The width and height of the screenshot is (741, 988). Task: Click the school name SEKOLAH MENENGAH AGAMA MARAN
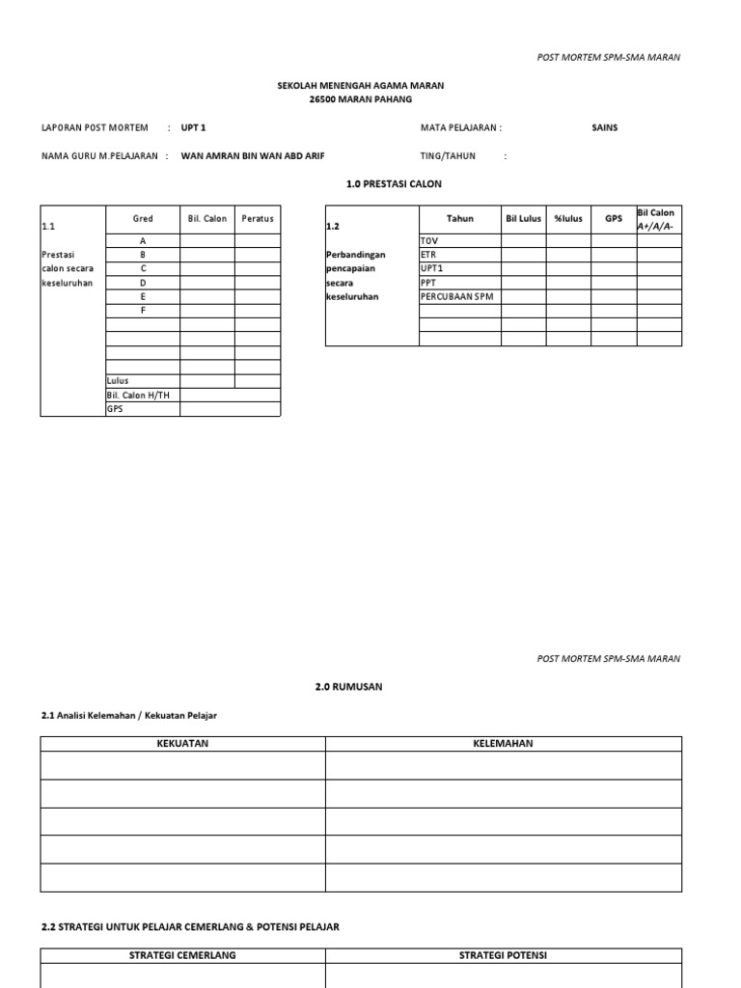pyautogui.click(x=361, y=86)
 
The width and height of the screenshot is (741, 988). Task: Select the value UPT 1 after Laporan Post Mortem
pyautogui.click(x=194, y=127)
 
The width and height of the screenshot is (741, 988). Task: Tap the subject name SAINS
pyautogui.click(x=605, y=127)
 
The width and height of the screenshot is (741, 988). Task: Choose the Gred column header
pyautogui.click(x=143, y=219)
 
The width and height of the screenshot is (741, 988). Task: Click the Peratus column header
pyautogui.click(x=258, y=219)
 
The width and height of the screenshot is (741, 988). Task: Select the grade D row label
pyautogui.click(x=143, y=283)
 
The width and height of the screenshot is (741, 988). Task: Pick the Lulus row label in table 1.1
pyautogui.click(x=118, y=381)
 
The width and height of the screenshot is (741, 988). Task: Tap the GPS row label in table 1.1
pyautogui.click(x=115, y=409)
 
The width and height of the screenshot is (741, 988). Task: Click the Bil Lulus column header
pyautogui.click(x=524, y=219)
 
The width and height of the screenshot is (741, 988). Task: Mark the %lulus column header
pyautogui.click(x=568, y=219)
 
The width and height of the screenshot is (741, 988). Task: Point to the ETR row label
pyautogui.click(x=428, y=255)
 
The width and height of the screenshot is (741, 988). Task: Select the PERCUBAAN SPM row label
pyautogui.click(x=456, y=296)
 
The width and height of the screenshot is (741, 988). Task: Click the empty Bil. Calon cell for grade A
pyautogui.click(x=207, y=241)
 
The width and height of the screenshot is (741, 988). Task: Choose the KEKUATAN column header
pyautogui.click(x=182, y=744)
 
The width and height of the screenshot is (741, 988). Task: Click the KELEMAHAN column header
pyautogui.click(x=503, y=744)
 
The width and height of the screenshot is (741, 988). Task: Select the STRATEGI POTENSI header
pyautogui.click(x=503, y=955)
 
